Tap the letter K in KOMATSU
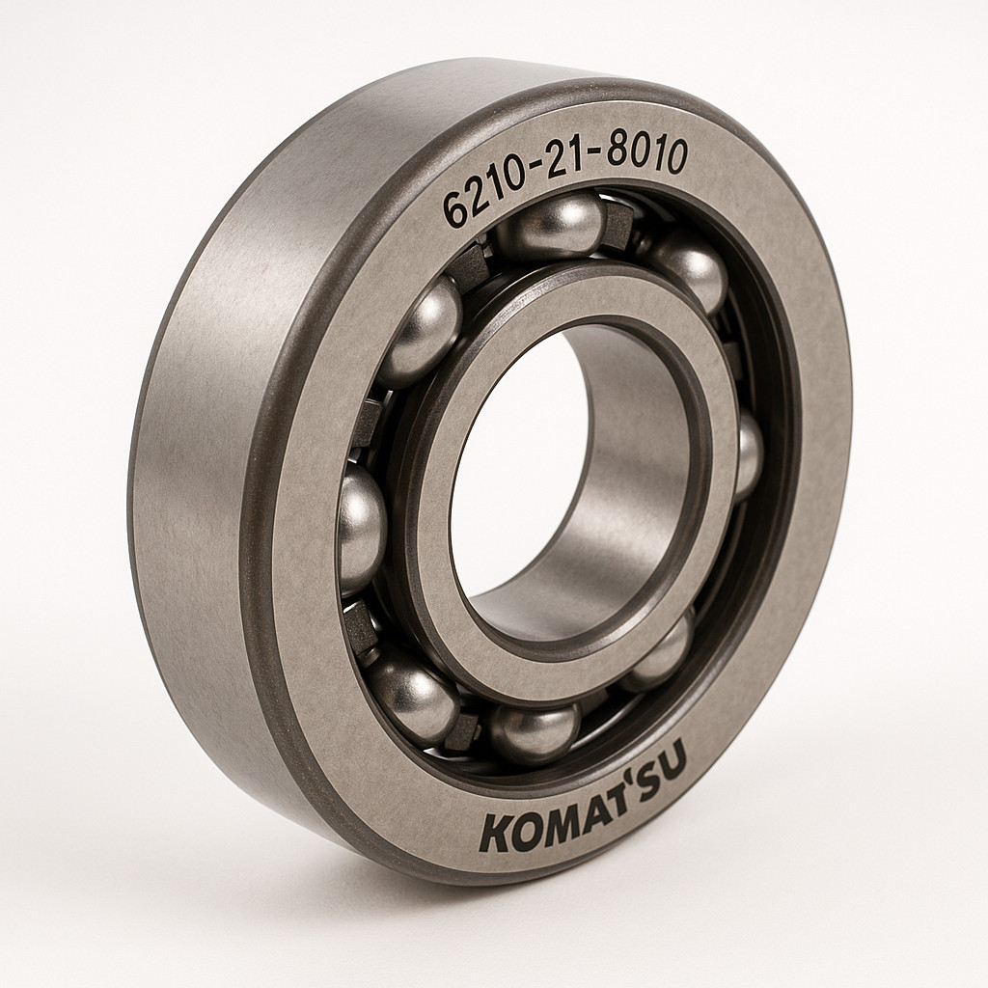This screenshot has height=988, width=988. coord(496,833)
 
